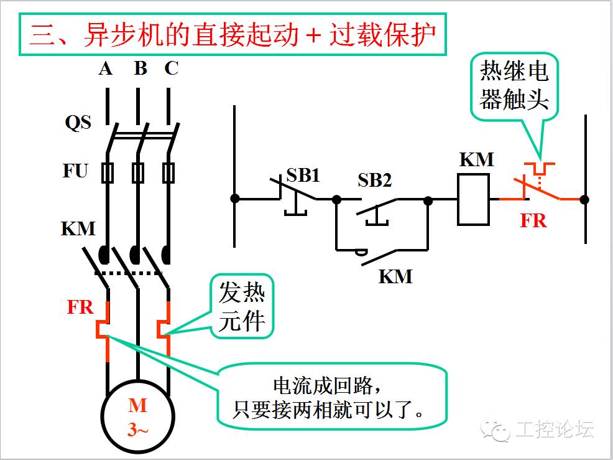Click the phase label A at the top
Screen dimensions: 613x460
106,69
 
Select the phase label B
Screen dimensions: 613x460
141,68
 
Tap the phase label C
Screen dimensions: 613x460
171,68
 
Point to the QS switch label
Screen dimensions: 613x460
78,123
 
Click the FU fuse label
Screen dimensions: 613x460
75,171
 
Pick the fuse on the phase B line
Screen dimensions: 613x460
137,172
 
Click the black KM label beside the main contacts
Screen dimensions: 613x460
78,228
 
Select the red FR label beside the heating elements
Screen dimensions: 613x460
80,307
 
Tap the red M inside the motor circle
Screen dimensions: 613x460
137,405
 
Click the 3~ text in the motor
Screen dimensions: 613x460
137,430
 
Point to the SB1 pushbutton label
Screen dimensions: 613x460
303,175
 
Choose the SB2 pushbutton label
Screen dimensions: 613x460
374,180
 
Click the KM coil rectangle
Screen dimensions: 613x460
473,199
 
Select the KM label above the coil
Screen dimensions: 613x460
477,160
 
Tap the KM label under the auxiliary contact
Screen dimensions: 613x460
395,276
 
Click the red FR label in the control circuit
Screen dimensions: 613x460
533,221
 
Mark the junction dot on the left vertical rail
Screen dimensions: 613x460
234,199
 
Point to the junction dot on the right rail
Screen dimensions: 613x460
584,199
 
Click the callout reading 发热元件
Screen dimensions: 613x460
242,306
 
